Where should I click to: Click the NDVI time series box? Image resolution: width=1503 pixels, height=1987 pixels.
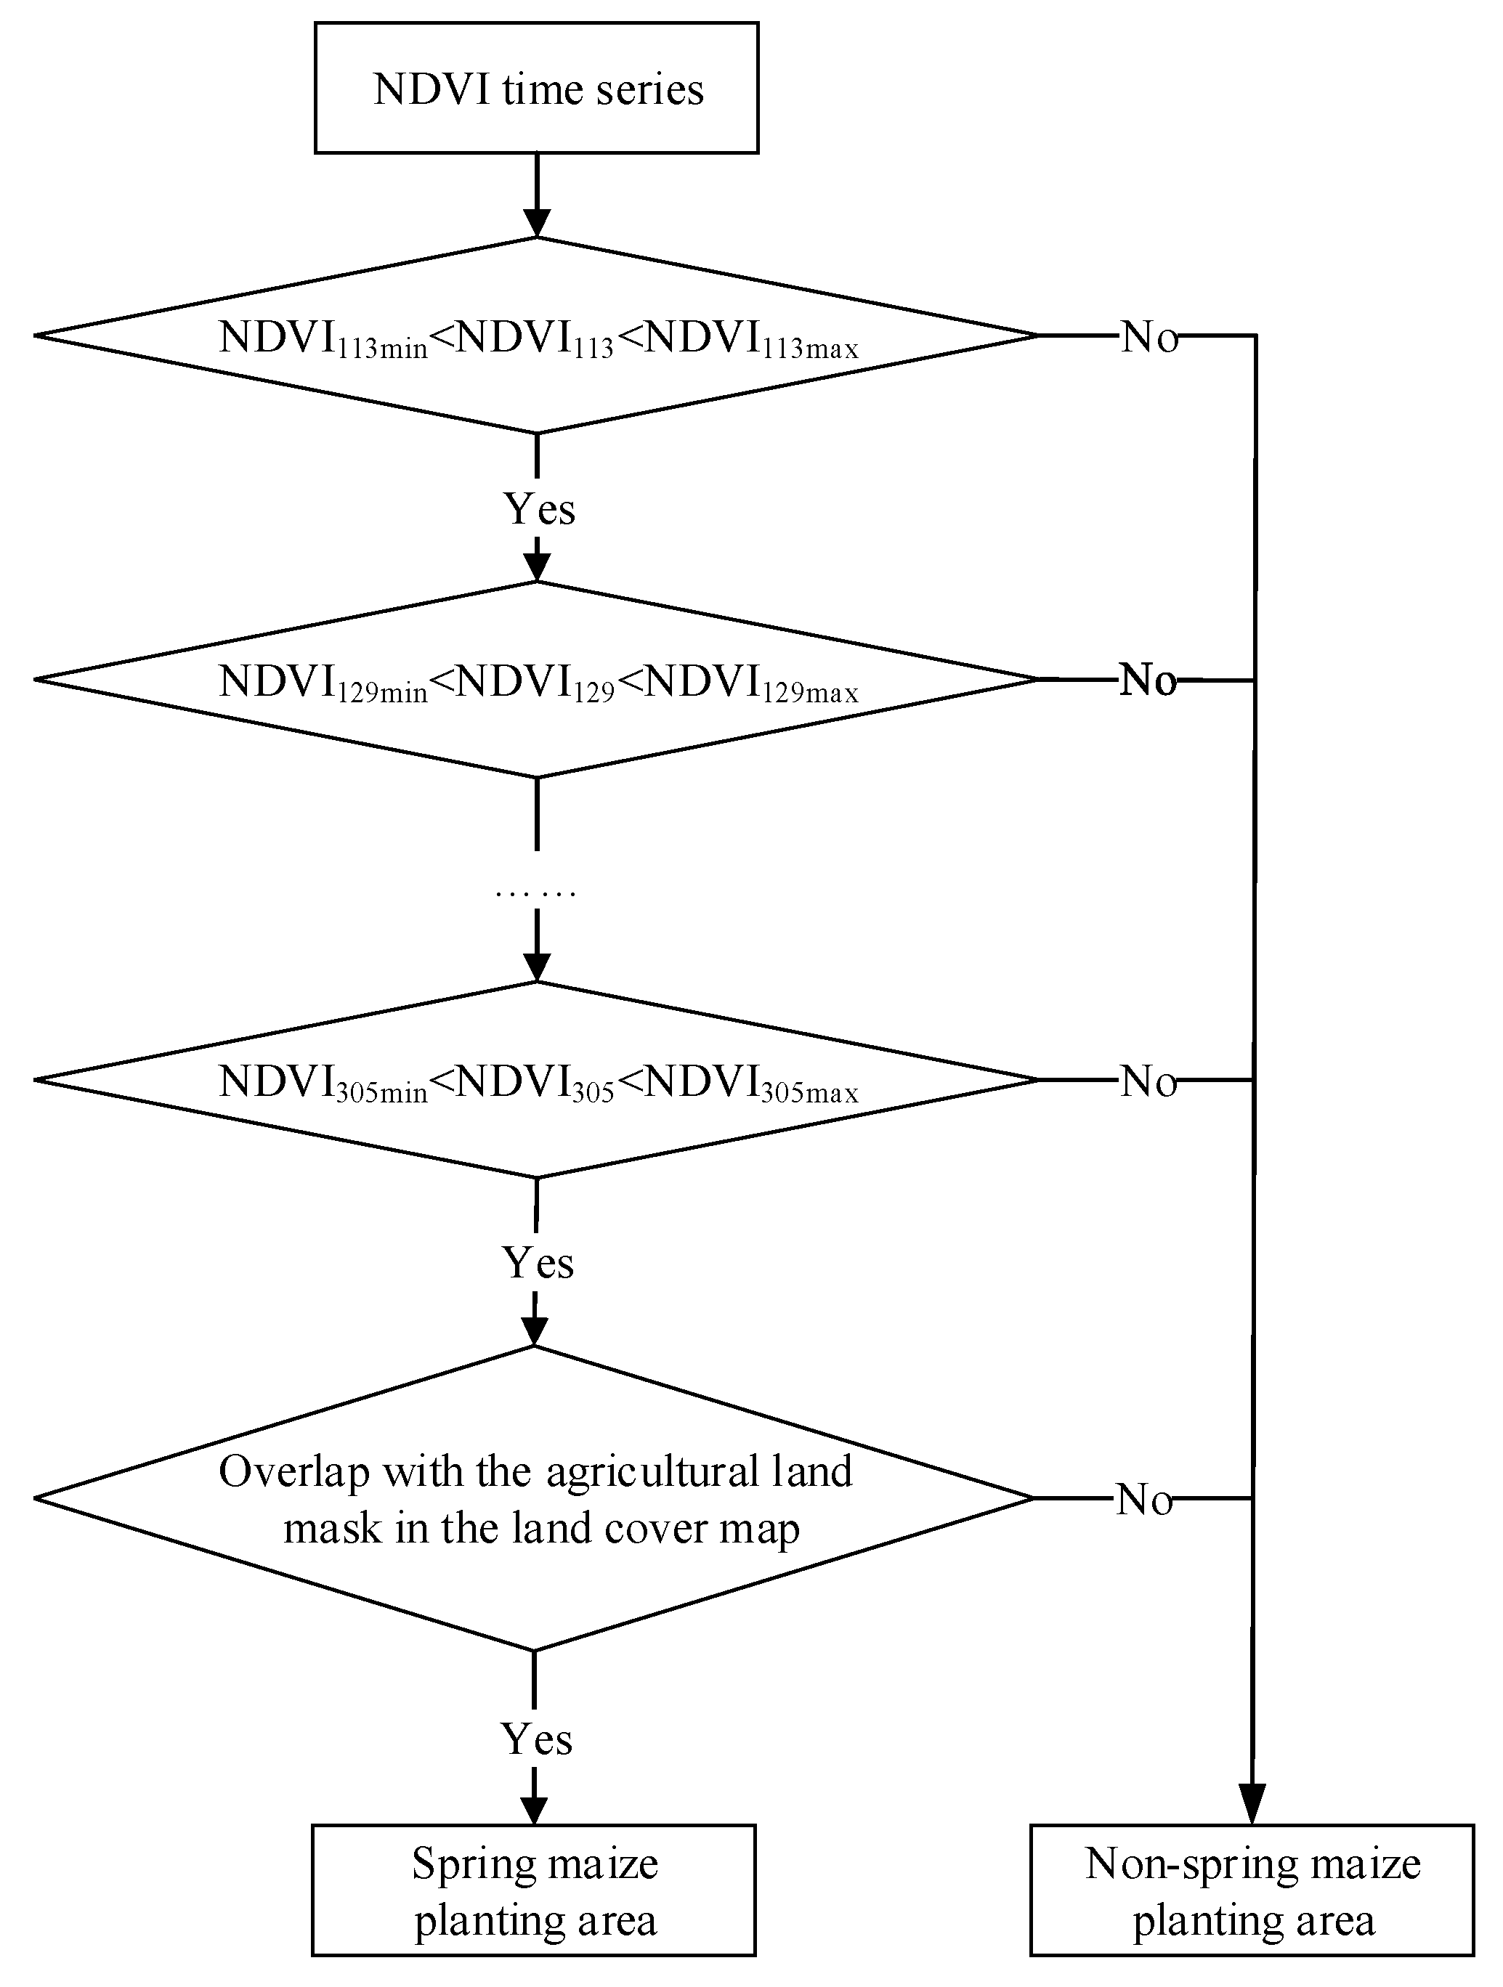pos(536,88)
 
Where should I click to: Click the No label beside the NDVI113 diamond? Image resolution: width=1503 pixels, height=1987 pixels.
pos(1149,338)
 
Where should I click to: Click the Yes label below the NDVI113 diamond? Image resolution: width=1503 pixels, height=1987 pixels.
pos(539,508)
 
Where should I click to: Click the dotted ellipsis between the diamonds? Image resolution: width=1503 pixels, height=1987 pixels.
pos(535,893)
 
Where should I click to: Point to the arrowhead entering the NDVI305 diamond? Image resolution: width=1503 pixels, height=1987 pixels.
pos(536,967)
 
